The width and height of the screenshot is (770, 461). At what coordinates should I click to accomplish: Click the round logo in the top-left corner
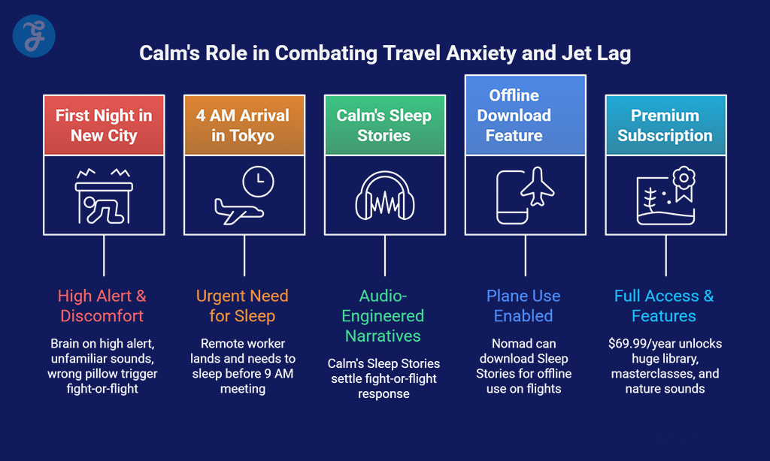34,36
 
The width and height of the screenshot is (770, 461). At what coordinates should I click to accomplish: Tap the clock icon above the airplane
259,182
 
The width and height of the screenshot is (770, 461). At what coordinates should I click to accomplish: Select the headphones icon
385,195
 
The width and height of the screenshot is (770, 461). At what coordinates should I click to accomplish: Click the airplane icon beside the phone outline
538,186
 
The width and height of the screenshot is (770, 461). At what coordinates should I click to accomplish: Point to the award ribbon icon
684,184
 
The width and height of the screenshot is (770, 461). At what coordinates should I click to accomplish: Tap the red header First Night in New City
104,125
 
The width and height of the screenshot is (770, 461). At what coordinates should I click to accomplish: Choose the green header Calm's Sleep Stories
385,125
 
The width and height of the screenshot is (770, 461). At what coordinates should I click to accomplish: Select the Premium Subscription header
666,125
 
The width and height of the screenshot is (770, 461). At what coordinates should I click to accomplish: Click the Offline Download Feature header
526,116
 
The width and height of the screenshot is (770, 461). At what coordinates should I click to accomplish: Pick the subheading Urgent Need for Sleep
242,306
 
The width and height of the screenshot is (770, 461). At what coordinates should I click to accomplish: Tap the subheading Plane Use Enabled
523,306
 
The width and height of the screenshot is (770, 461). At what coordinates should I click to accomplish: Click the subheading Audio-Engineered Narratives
383,316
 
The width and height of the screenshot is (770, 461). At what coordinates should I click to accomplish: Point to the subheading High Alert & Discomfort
102,306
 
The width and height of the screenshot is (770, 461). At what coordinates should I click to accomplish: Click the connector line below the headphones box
385,255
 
